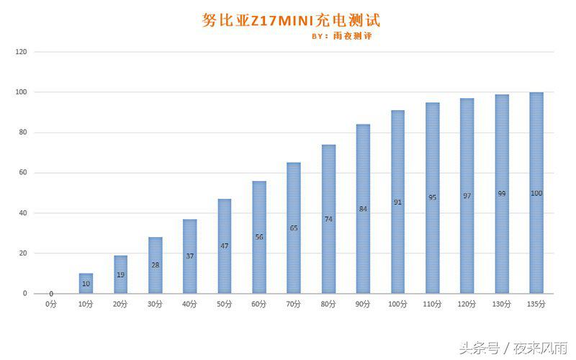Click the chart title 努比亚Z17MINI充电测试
point(291,19)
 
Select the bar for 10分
point(86,284)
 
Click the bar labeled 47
point(225,246)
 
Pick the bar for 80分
point(328,219)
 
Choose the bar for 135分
point(536,193)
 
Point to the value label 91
point(397,202)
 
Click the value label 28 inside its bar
point(156,265)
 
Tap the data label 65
point(294,228)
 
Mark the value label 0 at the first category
point(51,293)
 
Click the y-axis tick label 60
point(22,173)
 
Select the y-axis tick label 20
point(22,253)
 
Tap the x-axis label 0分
point(50,304)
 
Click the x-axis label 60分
point(259,304)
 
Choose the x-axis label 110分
point(432,304)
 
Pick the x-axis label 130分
point(502,304)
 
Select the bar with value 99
point(502,194)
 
